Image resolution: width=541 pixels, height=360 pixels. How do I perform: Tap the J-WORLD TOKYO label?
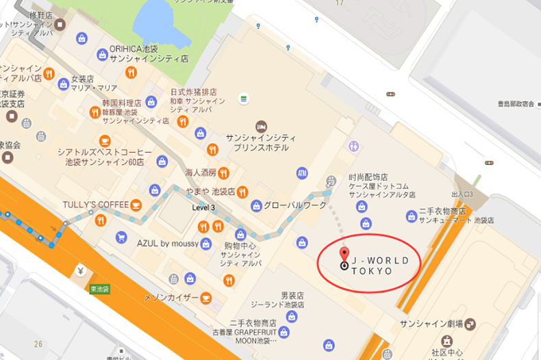[380, 266]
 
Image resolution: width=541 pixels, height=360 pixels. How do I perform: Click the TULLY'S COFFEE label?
[95, 205]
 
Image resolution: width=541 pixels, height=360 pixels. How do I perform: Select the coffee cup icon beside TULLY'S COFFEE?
[136, 205]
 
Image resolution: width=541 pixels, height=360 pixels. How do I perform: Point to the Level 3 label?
[203, 207]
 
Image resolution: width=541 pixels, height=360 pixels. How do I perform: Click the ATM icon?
[302, 173]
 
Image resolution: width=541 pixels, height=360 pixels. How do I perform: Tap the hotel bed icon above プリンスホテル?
[261, 127]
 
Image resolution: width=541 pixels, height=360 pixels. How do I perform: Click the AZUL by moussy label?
[168, 243]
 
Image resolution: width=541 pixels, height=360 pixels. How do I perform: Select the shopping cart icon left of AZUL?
[121, 237]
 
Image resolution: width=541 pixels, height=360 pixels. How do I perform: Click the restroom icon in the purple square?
[354, 146]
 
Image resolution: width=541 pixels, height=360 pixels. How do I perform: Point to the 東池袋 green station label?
[100, 289]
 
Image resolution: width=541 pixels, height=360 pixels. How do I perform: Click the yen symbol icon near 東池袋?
[81, 271]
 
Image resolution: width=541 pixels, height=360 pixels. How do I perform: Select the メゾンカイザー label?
[171, 298]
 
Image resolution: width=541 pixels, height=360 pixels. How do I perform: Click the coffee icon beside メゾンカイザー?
[206, 298]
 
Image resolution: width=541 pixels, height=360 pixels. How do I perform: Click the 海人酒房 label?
[200, 172]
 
